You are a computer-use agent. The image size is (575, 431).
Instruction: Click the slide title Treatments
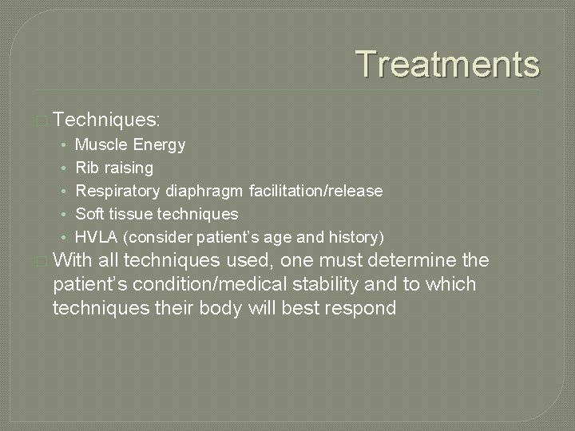click(447, 64)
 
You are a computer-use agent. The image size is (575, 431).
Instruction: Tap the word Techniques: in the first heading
click(109, 121)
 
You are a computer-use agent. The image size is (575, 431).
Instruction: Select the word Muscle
click(101, 145)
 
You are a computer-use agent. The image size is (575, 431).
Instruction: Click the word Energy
click(160, 145)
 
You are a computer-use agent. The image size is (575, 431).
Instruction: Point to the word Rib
click(86, 168)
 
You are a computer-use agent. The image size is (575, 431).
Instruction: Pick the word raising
click(128, 168)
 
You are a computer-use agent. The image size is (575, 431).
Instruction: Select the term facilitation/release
click(315, 192)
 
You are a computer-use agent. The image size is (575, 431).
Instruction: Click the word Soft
click(90, 215)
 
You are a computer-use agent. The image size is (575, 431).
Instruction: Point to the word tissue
click(130, 215)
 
